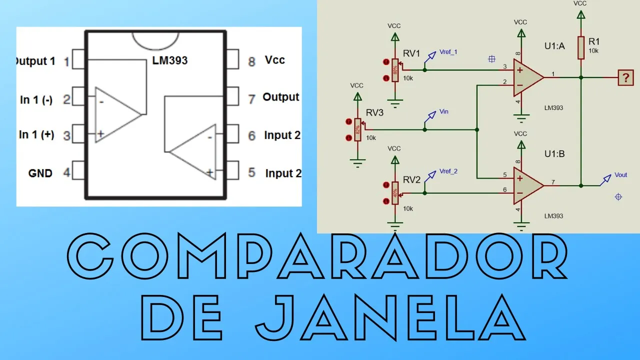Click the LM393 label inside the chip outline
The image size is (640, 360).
(170, 60)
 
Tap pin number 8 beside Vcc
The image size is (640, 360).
(252, 61)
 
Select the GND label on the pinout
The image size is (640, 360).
(40, 173)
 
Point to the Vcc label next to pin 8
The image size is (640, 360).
(275, 60)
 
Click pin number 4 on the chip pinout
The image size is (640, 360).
(66, 173)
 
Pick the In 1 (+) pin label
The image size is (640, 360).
(36, 135)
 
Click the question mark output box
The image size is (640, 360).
(625, 78)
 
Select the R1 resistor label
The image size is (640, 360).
(594, 42)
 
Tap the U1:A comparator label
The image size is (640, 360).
(554, 46)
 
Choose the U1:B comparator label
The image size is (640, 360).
(554, 154)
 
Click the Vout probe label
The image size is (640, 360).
(620, 175)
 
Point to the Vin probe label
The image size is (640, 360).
(443, 112)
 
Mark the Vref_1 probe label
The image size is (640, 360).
(448, 52)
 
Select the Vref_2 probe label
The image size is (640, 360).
(448, 171)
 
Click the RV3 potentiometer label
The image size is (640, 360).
(374, 113)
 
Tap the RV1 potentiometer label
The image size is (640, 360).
(411, 53)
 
